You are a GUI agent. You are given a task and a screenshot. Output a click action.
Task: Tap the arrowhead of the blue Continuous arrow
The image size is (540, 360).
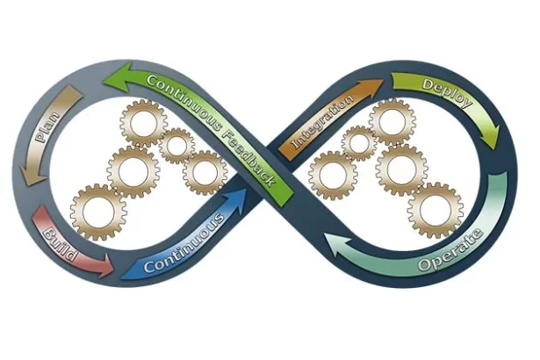click(x=240, y=198)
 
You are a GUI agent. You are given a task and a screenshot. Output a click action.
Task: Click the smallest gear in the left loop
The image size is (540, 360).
click(x=177, y=145)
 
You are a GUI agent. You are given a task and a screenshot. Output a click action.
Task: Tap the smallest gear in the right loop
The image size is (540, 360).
click(x=358, y=142)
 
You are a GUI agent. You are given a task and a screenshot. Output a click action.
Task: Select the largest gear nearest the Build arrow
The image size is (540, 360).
click(x=97, y=212)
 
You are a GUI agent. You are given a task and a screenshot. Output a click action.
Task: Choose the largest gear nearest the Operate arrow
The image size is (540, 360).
click(x=435, y=210)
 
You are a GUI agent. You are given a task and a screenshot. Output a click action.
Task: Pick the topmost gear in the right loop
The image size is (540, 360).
click(x=391, y=121)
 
